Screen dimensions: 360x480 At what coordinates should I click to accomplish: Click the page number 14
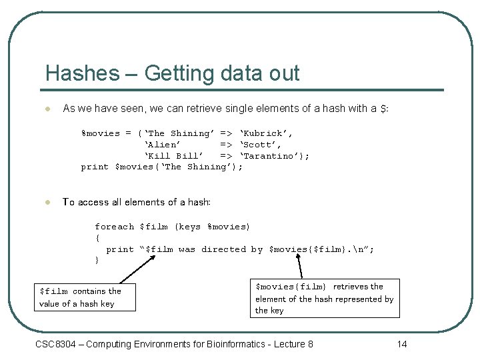401,344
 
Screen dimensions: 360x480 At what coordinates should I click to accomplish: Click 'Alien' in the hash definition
162,144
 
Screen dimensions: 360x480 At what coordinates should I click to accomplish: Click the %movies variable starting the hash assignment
101,133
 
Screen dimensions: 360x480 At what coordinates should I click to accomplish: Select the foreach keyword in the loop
114,227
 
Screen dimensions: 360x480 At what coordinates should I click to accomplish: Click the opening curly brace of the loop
97,238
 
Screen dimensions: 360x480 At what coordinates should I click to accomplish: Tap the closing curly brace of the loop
97,261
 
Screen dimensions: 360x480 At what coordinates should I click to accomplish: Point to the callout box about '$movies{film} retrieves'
325,298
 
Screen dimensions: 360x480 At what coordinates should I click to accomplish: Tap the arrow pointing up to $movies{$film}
300,267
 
